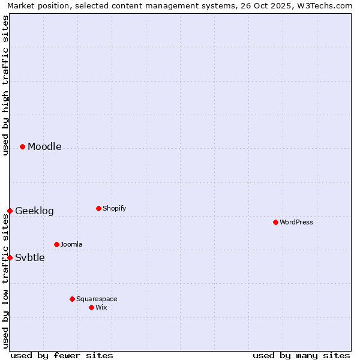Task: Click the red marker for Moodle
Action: [22, 146]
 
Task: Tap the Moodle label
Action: [44, 147]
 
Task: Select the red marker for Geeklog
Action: [10, 211]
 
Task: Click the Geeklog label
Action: [34, 211]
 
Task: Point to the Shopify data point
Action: [98, 208]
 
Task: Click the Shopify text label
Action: [114, 209]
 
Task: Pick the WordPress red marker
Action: [275, 222]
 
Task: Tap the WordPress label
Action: [296, 223]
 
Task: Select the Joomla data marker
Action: [56, 244]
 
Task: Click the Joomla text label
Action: [71, 245]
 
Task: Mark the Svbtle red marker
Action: [10, 257]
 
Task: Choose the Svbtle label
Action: [30, 258]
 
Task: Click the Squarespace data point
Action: [72, 299]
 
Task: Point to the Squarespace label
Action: [97, 299]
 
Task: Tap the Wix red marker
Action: [91, 307]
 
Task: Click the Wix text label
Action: [101, 308]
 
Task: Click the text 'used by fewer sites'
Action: [62, 355]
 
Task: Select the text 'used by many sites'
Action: [301, 355]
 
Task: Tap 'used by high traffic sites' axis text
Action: [5, 85]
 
